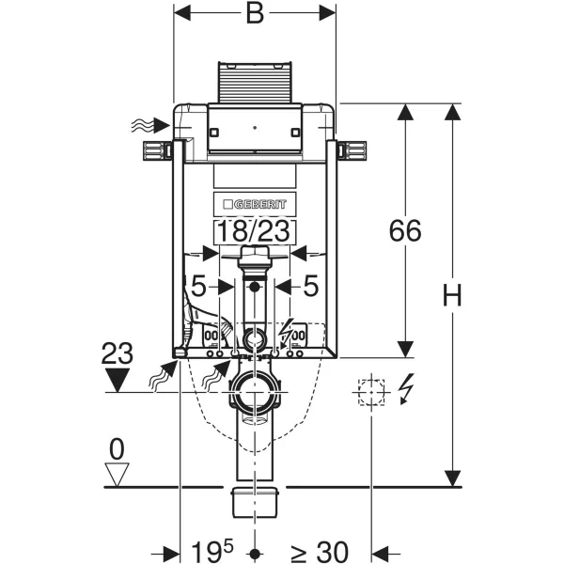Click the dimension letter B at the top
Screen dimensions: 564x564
[255, 14]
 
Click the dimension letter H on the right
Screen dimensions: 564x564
[452, 294]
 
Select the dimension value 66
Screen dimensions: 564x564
[405, 230]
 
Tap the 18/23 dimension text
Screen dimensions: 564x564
[255, 231]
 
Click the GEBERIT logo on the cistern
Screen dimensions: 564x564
[255, 204]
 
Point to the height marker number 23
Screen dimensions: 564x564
[117, 353]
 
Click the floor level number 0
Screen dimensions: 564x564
[117, 449]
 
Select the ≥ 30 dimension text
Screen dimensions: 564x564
[320, 552]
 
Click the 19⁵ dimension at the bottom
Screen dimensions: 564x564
[212, 552]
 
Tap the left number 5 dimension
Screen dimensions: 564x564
[198, 287]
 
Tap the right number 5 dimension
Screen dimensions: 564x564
[311, 287]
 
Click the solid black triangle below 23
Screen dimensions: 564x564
[117, 381]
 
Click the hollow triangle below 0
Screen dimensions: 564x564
[117, 475]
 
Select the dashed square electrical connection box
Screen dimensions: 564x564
[371, 392]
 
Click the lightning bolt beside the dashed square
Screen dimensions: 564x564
[406, 389]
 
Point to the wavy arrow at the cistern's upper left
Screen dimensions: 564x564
[150, 125]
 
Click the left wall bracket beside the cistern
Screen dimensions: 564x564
[158, 150]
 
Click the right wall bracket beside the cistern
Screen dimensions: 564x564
[352, 150]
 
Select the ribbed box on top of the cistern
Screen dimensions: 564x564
[255, 83]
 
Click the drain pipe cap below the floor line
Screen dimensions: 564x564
[255, 502]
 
